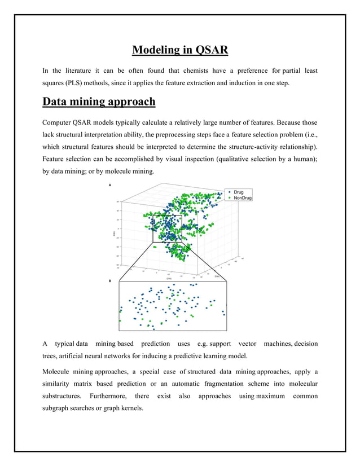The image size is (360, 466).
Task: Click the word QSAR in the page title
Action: coord(212,50)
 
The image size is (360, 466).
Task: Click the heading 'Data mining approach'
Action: coord(99,102)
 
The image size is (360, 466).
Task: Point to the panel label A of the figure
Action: coord(110,184)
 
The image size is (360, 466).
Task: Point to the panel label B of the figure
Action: coord(110,280)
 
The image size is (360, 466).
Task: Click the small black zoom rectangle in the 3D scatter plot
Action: coord(167,228)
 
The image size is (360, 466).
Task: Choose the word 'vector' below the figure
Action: coord(247,344)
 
